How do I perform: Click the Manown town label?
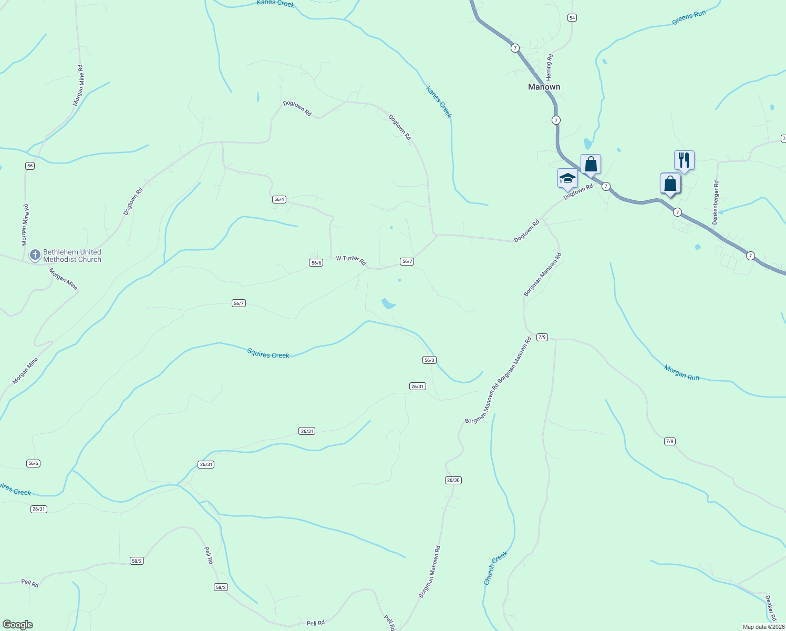544,87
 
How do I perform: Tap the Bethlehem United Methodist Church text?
72,256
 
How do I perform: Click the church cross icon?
35,255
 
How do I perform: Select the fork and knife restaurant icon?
684,160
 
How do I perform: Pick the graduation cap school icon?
567,178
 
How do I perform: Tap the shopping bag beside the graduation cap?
591,164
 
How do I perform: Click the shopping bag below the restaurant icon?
670,184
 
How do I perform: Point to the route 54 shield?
572,18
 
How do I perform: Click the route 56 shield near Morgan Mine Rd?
30,166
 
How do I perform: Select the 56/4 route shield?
279,199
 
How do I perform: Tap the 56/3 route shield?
429,360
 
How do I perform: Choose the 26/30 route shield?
453,480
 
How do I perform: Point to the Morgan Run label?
681,373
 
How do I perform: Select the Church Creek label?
495,568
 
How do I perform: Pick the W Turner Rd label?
351,260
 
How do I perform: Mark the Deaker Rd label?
770,608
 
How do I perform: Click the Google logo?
17,625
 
